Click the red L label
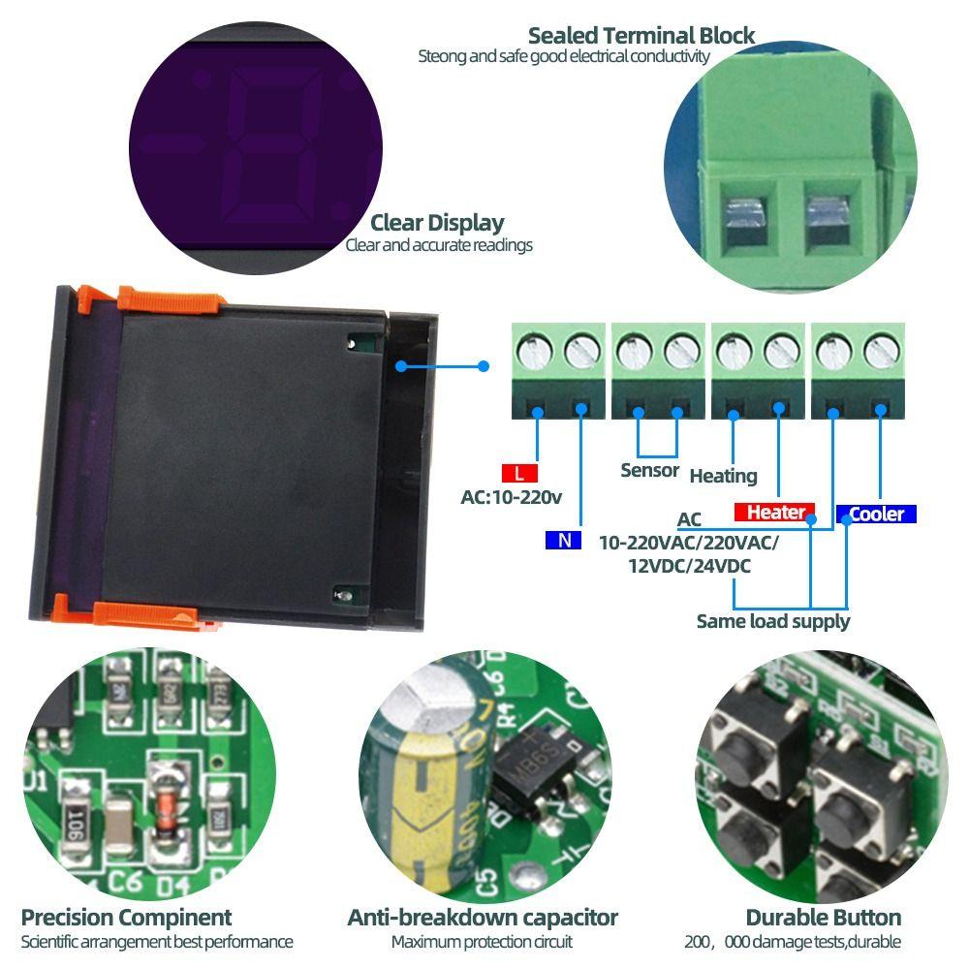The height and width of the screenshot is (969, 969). [x=519, y=474]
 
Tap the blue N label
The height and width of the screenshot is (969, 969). [x=563, y=541]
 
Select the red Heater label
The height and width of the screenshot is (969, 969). [x=774, y=513]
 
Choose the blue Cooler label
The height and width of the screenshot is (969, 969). [x=876, y=514]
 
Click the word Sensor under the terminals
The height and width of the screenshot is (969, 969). [x=649, y=471]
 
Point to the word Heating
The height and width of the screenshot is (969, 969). [x=723, y=476]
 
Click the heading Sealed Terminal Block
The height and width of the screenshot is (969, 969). [x=641, y=36]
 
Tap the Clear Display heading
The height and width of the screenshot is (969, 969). [x=437, y=223]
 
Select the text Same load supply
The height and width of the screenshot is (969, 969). [x=772, y=621]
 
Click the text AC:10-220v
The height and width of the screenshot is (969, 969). [x=511, y=498]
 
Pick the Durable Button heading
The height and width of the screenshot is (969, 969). [x=823, y=917]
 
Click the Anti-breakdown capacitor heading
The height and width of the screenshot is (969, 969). [x=483, y=917]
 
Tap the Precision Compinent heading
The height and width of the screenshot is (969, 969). [x=126, y=917]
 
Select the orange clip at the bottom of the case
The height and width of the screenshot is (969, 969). [x=145, y=613]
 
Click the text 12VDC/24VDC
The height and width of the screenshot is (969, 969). [x=689, y=567]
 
